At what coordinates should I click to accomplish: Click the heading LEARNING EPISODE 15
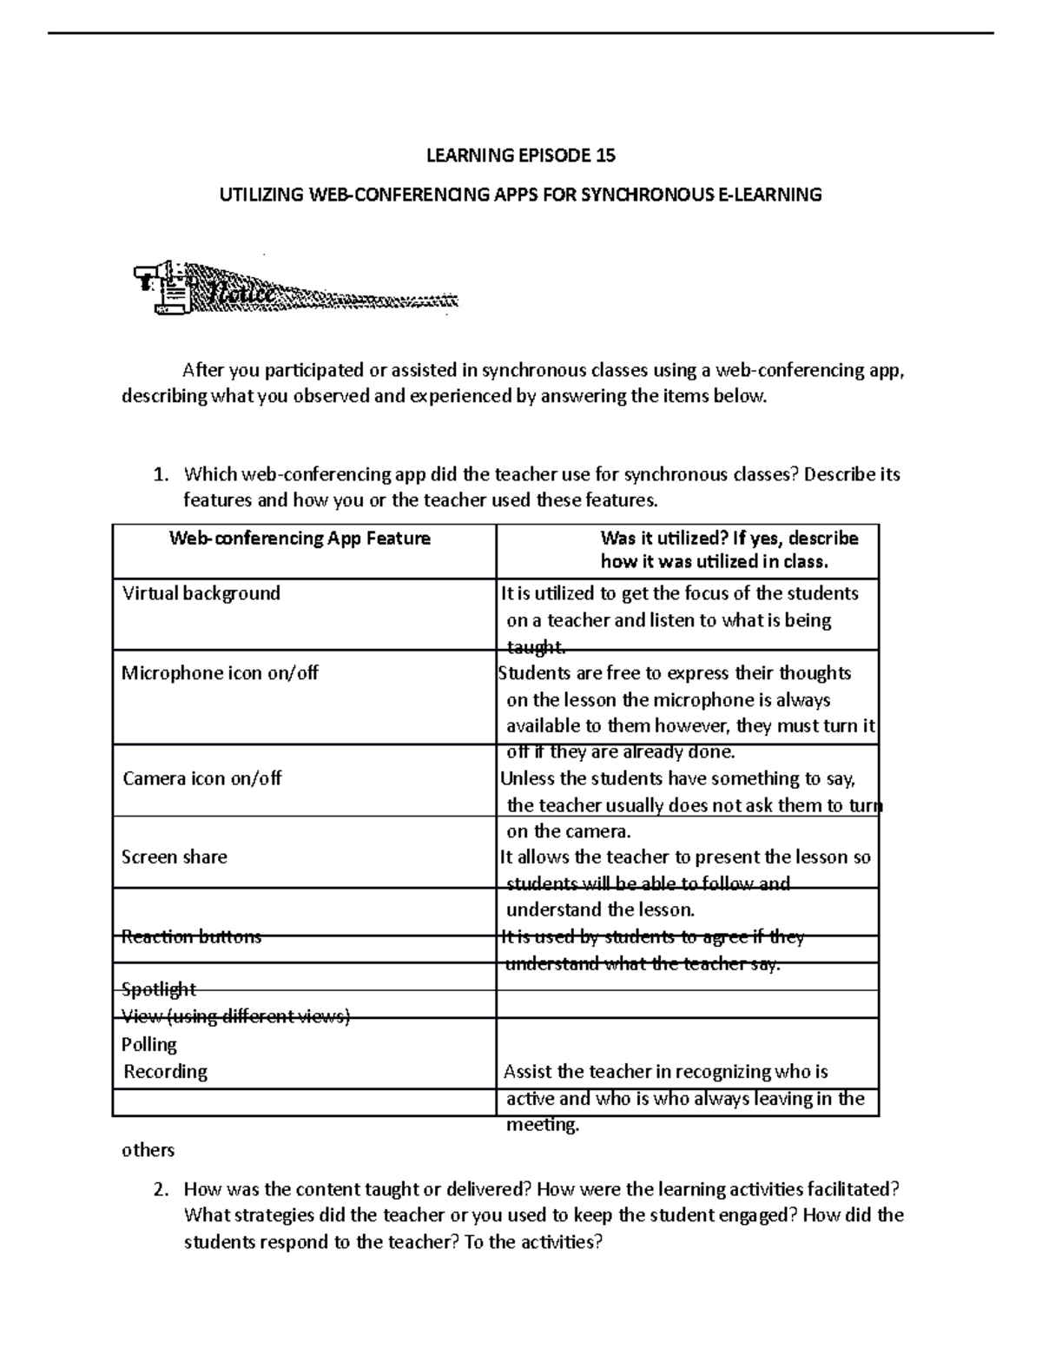tap(520, 155)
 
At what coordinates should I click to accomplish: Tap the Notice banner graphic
tap(295, 287)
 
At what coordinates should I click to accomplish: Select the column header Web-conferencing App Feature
tap(300, 539)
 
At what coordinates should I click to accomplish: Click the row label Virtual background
tap(201, 593)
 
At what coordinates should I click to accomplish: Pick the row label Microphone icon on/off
tap(220, 673)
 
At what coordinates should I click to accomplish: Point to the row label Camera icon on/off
tap(202, 778)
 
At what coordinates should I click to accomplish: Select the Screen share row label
tap(174, 857)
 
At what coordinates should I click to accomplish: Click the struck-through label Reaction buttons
tap(191, 936)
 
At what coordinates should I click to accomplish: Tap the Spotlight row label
tap(159, 989)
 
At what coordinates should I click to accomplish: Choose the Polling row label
tap(149, 1044)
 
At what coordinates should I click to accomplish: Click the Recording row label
tap(165, 1072)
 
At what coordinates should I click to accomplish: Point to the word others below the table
tap(148, 1150)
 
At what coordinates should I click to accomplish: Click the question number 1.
tap(159, 475)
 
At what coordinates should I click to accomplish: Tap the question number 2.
tap(159, 1190)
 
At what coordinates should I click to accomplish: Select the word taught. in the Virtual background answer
tap(536, 647)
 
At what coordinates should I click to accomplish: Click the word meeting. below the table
tap(542, 1126)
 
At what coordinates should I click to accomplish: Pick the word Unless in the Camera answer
tap(528, 778)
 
